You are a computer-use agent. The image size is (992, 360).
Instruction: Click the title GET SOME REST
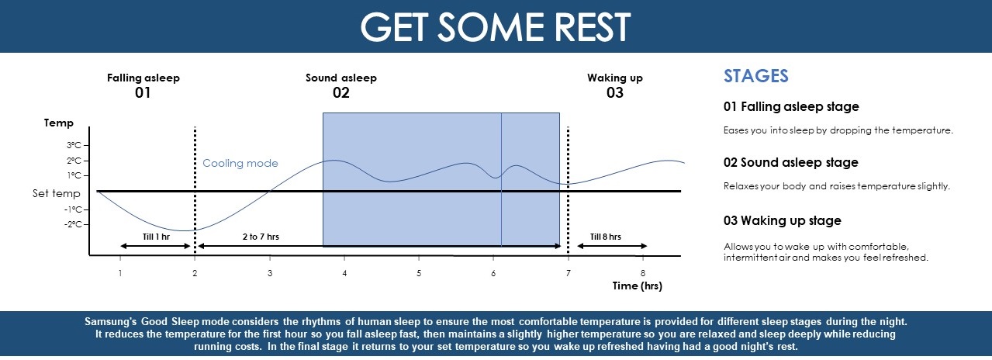point(496,27)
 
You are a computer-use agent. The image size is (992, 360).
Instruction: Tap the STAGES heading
point(755,76)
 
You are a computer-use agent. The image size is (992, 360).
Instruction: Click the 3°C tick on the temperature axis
point(74,145)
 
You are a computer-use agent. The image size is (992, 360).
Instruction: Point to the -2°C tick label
point(73,224)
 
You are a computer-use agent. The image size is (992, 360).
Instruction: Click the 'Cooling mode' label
point(240,164)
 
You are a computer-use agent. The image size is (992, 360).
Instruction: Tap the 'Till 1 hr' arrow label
point(156,236)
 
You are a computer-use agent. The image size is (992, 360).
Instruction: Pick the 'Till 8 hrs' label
point(605,236)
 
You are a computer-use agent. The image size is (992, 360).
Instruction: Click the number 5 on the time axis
point(418,273)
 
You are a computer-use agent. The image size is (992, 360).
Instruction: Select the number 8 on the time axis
point(642,273)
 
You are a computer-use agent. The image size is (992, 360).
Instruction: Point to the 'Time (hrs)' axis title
point(637,286)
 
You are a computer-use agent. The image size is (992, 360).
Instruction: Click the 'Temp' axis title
point(59,123)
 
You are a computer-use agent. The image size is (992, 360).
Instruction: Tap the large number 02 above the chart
point(340,93)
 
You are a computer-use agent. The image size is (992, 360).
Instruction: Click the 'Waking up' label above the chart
point(614,78)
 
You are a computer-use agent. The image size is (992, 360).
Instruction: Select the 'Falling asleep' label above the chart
point(143,78)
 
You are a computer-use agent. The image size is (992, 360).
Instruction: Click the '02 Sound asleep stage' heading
point(790,163)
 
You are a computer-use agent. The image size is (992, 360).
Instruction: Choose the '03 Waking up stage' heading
point(782,221)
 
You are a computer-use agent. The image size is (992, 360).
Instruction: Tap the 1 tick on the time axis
point(120,273)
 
